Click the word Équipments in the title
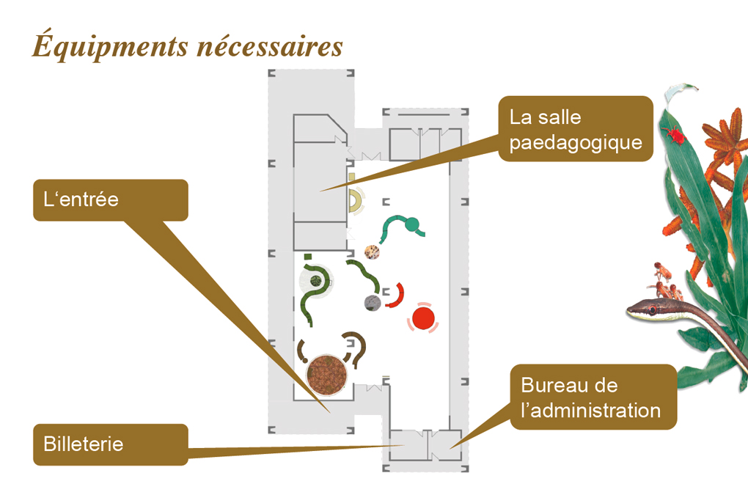(x=110, y=45)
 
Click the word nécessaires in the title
(x=270, y=47)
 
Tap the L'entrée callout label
(x=111, y=199)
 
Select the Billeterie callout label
(x=111, y=444)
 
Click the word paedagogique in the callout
(x=576, y=143)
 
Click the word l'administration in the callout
(x=590, y=411)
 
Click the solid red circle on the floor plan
(x=423, y=318)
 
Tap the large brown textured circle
(x=326, y=375)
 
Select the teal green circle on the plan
(x=411, y=224)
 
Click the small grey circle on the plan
(x=372, y=303)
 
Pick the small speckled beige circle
(x=372, y=252)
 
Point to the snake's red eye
(x=652, y=310)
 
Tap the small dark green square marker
(x=308, y=257)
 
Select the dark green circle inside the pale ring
(x=315, y=280)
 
